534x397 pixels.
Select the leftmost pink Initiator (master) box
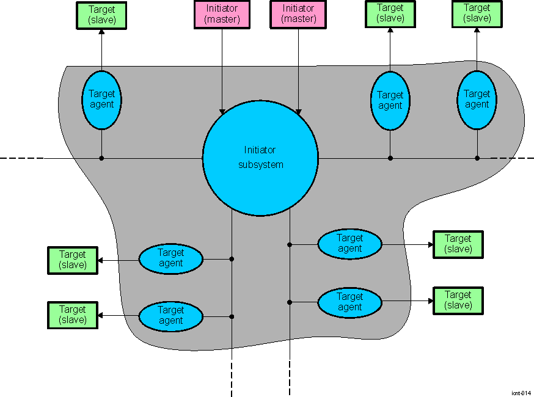point(222,14)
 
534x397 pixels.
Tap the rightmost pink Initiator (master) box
point(299,14)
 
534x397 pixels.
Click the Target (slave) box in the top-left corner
point(101,15)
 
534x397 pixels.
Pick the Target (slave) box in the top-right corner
point(477,13)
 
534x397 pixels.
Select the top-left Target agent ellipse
point(101,100)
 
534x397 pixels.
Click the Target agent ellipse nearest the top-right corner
point(477,100)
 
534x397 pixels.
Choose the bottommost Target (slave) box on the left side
point(73,315)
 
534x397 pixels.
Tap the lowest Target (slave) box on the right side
point(458,300)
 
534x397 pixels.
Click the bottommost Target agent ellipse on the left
point(170,316)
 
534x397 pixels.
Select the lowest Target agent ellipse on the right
point(349,302)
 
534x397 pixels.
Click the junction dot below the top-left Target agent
point(101,158)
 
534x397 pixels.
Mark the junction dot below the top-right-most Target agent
point(477,158)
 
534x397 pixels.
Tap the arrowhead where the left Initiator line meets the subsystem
point(222,111)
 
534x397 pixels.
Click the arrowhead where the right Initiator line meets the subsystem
point(298,111)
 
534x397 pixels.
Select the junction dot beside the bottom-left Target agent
point(232,316)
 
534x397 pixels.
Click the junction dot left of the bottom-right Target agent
point(290,302)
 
